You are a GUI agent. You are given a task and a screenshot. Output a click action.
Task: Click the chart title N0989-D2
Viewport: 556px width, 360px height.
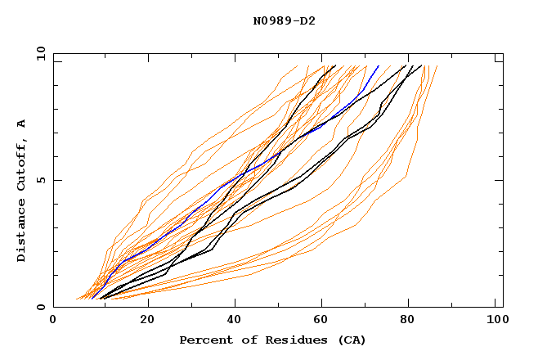(284, 20)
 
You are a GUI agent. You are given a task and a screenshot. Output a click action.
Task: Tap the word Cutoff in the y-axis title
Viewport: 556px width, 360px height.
(21, 165)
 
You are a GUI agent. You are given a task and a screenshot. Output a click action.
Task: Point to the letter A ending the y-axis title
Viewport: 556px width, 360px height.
(21, 124)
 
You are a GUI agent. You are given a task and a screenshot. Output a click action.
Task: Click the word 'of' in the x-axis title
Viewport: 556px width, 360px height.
(248, 340)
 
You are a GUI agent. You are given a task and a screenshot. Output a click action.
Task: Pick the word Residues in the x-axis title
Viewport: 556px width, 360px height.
(291, 340)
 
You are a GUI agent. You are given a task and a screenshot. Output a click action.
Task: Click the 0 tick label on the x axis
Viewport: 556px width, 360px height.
(54, 320)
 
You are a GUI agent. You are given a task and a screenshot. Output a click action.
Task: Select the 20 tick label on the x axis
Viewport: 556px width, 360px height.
(147, 320)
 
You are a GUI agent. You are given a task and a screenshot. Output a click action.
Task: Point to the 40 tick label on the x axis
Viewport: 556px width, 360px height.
(235, 320)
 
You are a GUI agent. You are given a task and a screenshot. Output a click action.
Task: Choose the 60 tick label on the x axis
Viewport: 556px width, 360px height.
(325, 320)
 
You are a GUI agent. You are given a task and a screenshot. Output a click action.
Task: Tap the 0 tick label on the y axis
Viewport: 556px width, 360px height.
(41, 307)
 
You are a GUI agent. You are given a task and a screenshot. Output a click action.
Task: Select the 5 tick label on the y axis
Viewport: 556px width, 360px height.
(41, 180)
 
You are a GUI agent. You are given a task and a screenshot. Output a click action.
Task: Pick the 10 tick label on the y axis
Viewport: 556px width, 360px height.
(38, 53)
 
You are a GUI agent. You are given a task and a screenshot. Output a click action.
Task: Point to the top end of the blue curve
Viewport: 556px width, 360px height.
(379, 66)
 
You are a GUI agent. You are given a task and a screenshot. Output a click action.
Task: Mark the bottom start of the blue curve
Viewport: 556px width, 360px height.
(92, 298)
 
